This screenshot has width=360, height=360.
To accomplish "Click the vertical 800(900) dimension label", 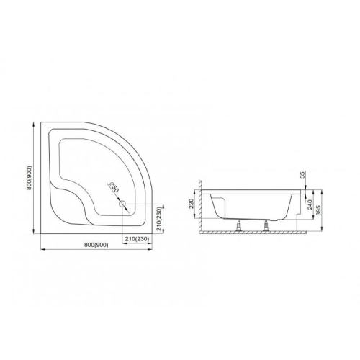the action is [29, 178].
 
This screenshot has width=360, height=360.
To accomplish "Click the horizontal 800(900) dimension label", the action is [96, 245].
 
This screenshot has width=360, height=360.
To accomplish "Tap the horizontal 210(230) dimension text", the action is [138, 239].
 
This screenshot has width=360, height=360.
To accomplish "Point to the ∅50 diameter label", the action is [114, 187].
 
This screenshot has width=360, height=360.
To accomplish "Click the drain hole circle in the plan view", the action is [122, 204].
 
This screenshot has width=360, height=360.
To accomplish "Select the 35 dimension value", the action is [302, 175].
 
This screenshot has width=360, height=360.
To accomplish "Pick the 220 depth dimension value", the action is [192, 204].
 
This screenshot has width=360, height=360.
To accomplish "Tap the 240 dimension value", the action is [310, 204].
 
